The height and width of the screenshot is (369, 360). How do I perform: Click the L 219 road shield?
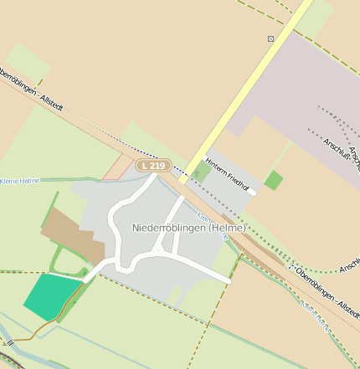153,166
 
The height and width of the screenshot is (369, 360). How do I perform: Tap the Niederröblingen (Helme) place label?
189,228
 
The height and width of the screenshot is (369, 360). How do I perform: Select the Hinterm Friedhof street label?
229,173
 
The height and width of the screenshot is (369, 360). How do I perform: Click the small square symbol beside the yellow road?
270,38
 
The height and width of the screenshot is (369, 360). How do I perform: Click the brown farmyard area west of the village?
71,233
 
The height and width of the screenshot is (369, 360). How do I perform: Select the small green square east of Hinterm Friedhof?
273,180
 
